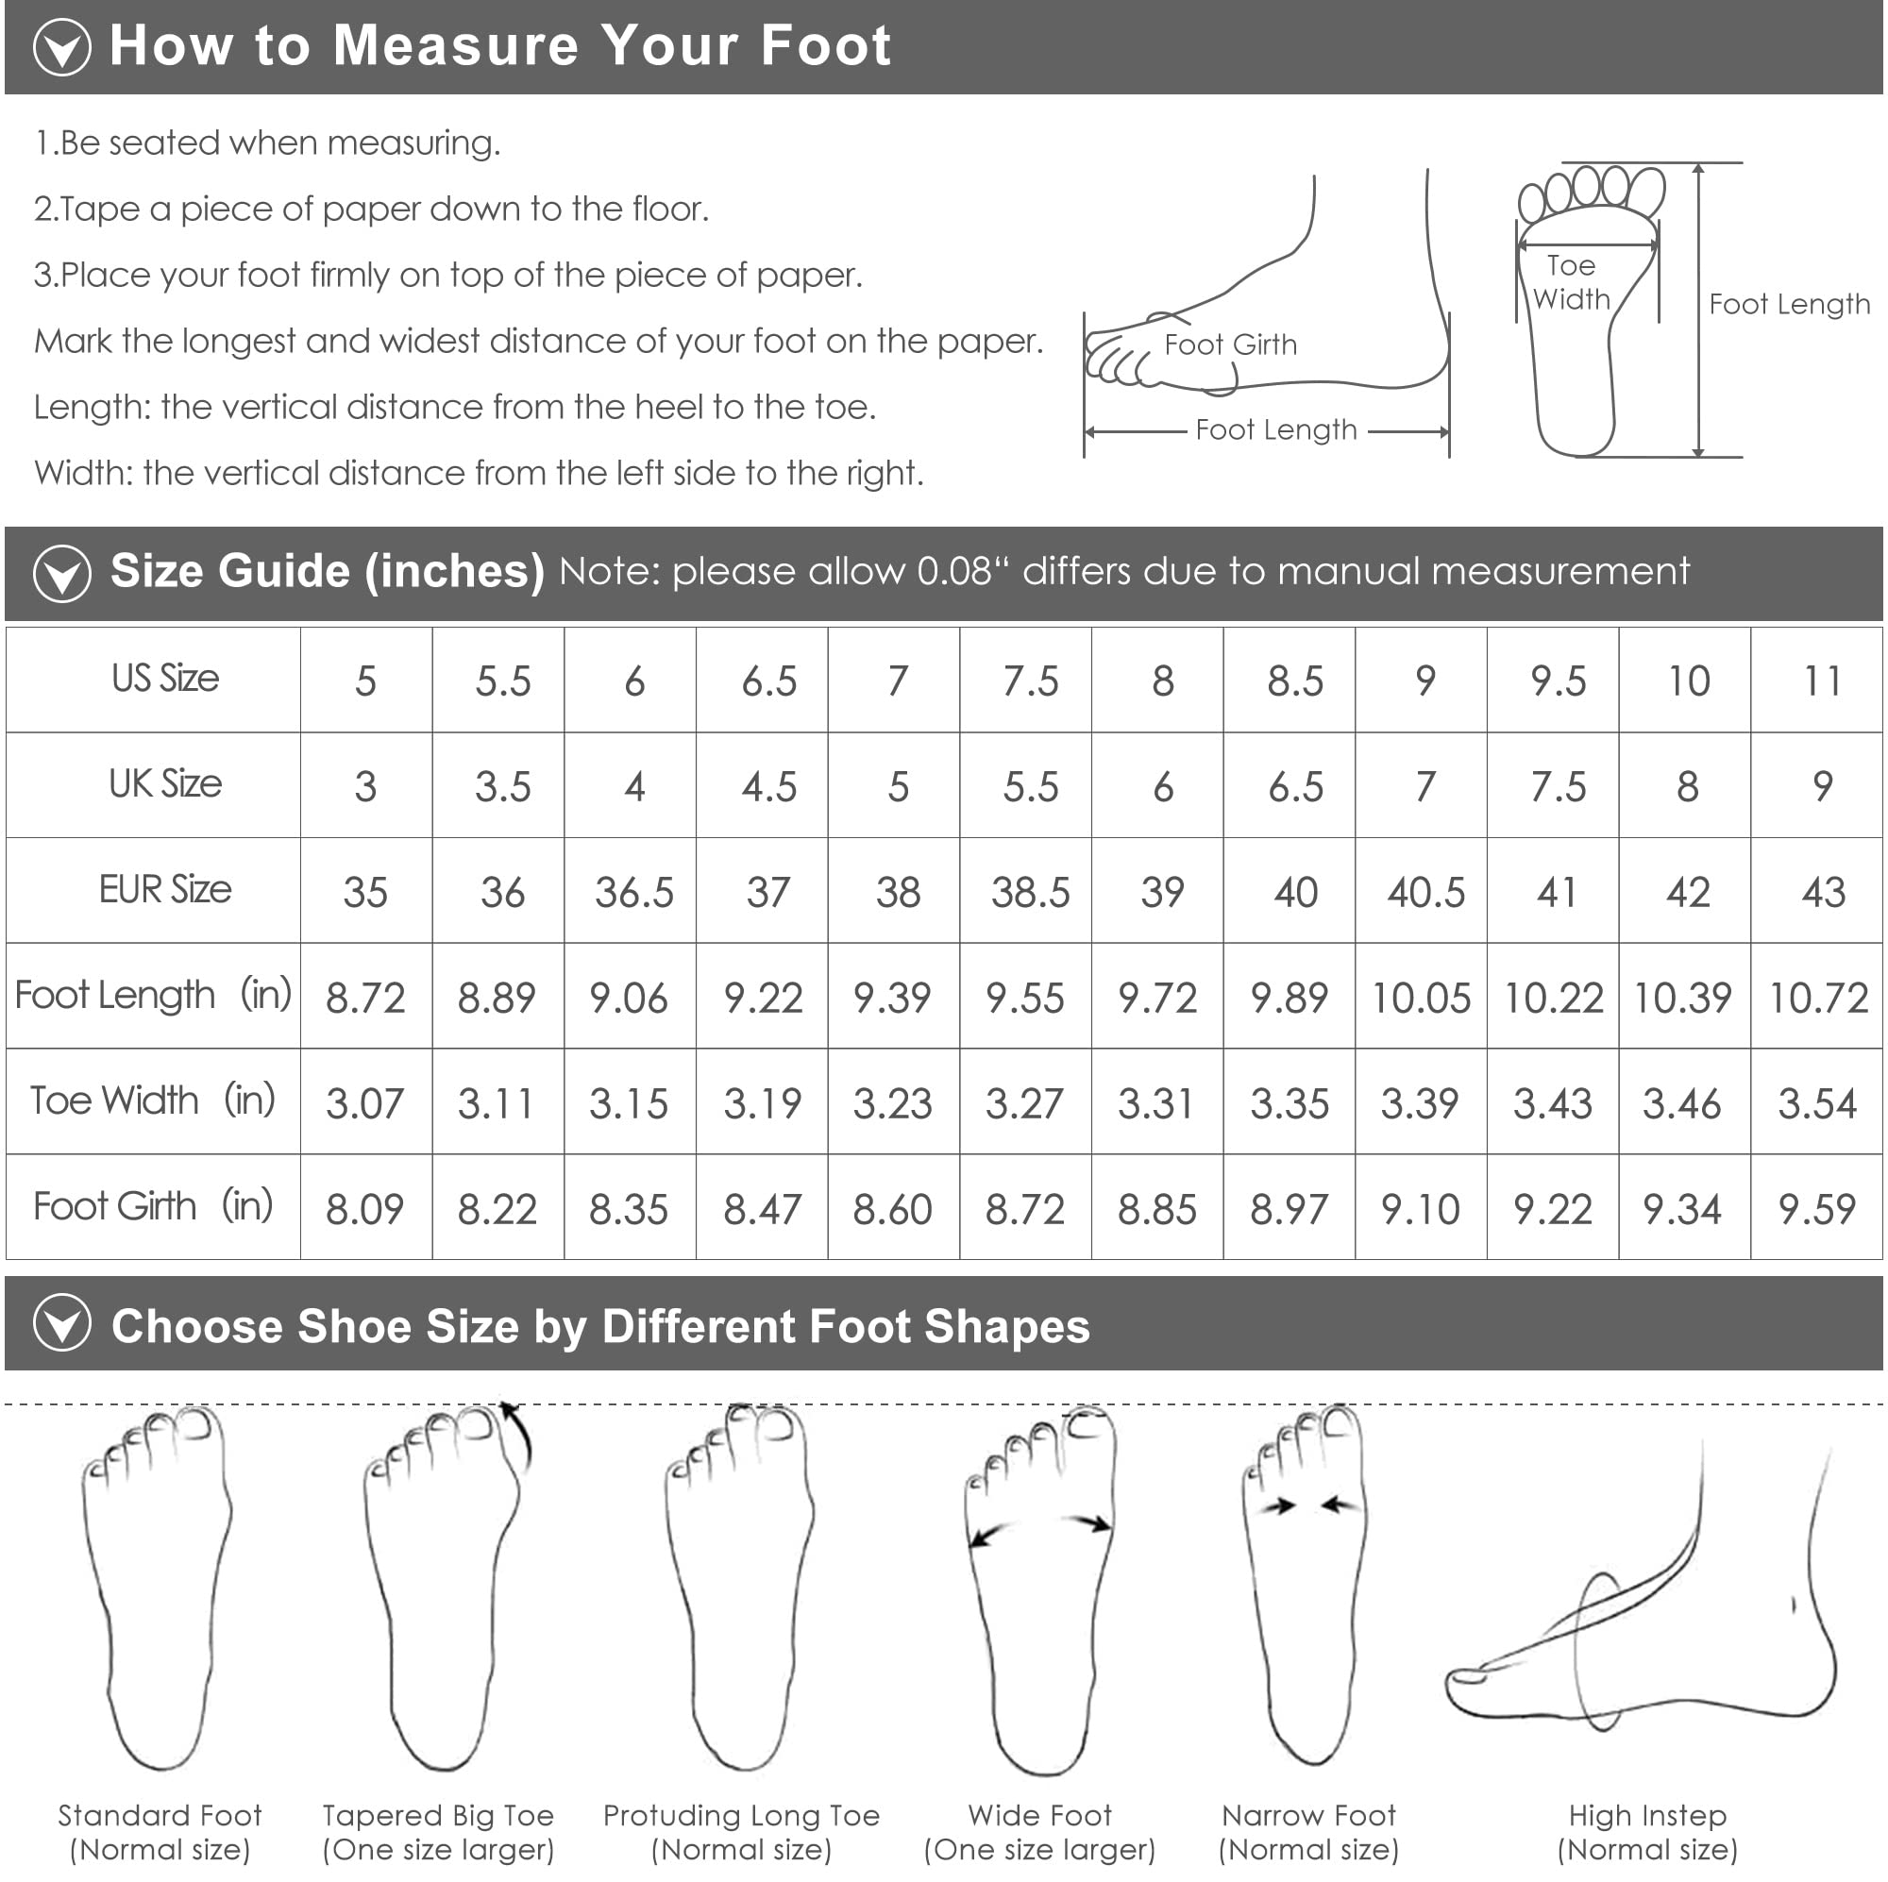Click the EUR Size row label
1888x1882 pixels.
point(165,889)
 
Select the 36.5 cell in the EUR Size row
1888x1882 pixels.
point(634,892)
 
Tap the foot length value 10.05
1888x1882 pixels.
point(1421,998)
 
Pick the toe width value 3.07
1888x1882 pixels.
point(364,1103)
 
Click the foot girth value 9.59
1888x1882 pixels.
point(1816,1209)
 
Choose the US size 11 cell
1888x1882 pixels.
point(1822,681)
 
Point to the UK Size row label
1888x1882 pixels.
point(165,783)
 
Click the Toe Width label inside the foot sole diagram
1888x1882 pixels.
point(1572,282)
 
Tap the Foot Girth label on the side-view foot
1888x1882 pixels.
point(1230,344)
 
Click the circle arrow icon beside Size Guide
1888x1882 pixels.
point(62,574)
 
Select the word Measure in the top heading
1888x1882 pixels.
point(456,45)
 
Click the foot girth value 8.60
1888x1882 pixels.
point(892,1209)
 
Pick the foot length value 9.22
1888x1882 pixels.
point(763,998)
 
